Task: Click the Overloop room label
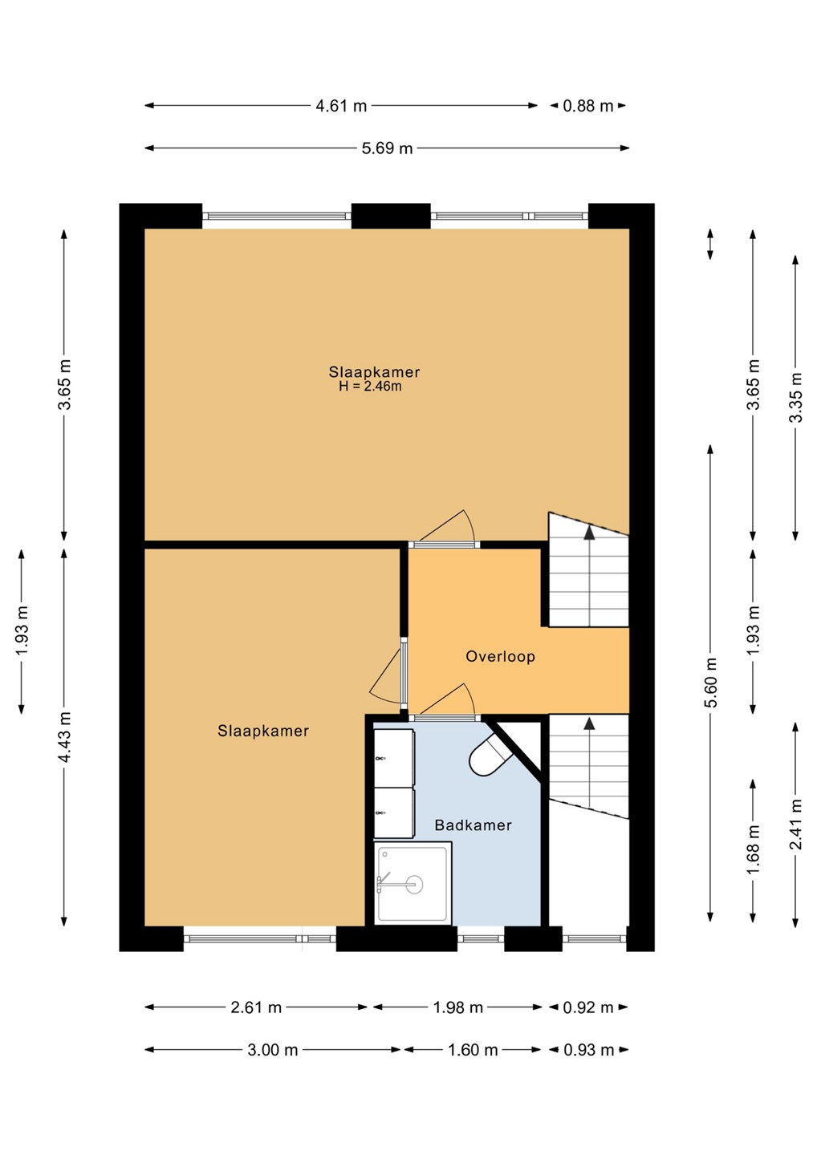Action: (500, 656)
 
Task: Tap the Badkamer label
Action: (473, 825)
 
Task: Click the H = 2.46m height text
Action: (370, 387)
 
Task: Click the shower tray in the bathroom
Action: (413, 883)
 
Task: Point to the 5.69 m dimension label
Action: (387, 148)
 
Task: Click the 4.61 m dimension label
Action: (341, 106)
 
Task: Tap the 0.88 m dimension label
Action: (588, 106)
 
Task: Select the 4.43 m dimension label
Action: (64, 737)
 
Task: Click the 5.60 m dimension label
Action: (711, 683)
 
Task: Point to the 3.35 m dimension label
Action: (796, 398)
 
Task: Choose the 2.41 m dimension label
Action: (796, 825)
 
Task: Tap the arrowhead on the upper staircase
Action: (589, 533)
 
